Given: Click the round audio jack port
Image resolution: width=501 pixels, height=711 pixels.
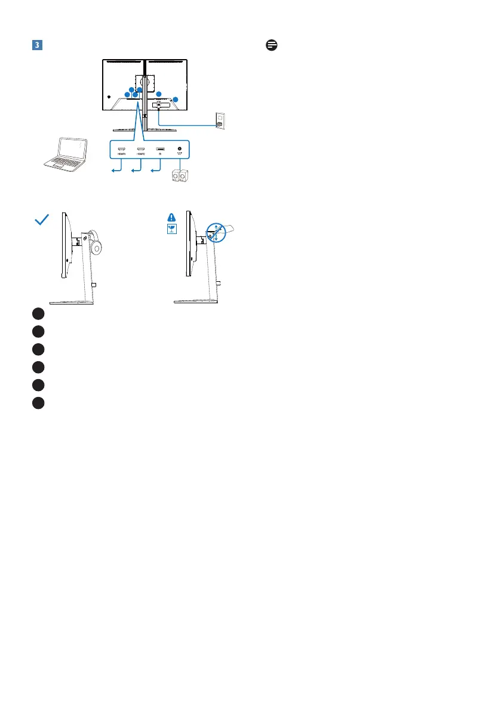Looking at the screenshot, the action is click(x=179, y=148).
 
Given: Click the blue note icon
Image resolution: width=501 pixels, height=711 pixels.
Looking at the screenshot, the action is click(x=271, y=46).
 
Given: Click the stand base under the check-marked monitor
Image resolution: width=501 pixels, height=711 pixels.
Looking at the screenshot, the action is click(x=72, y=303).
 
